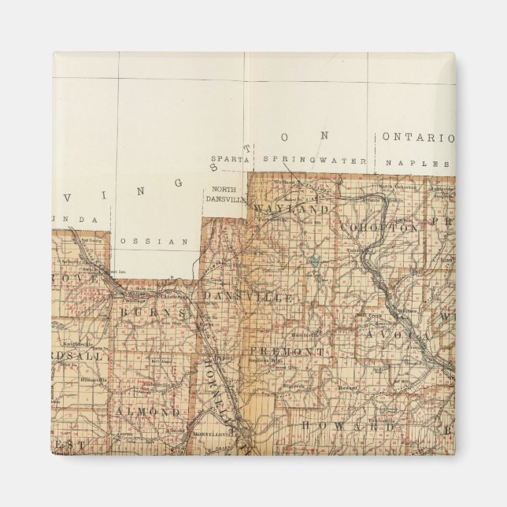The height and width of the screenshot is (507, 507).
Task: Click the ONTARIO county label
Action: (x=418, y=137)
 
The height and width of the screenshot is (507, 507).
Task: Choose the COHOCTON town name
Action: (x=379, y=228)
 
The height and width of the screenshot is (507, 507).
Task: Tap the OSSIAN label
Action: (x=155, y=241)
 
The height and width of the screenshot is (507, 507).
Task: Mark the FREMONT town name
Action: (x=287, y=350)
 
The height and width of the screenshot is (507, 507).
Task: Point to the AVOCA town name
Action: (x=397, y=335)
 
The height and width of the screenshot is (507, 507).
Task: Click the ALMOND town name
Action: (x=147, y=412)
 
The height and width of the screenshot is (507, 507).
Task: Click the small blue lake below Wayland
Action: (x=315, y=259)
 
